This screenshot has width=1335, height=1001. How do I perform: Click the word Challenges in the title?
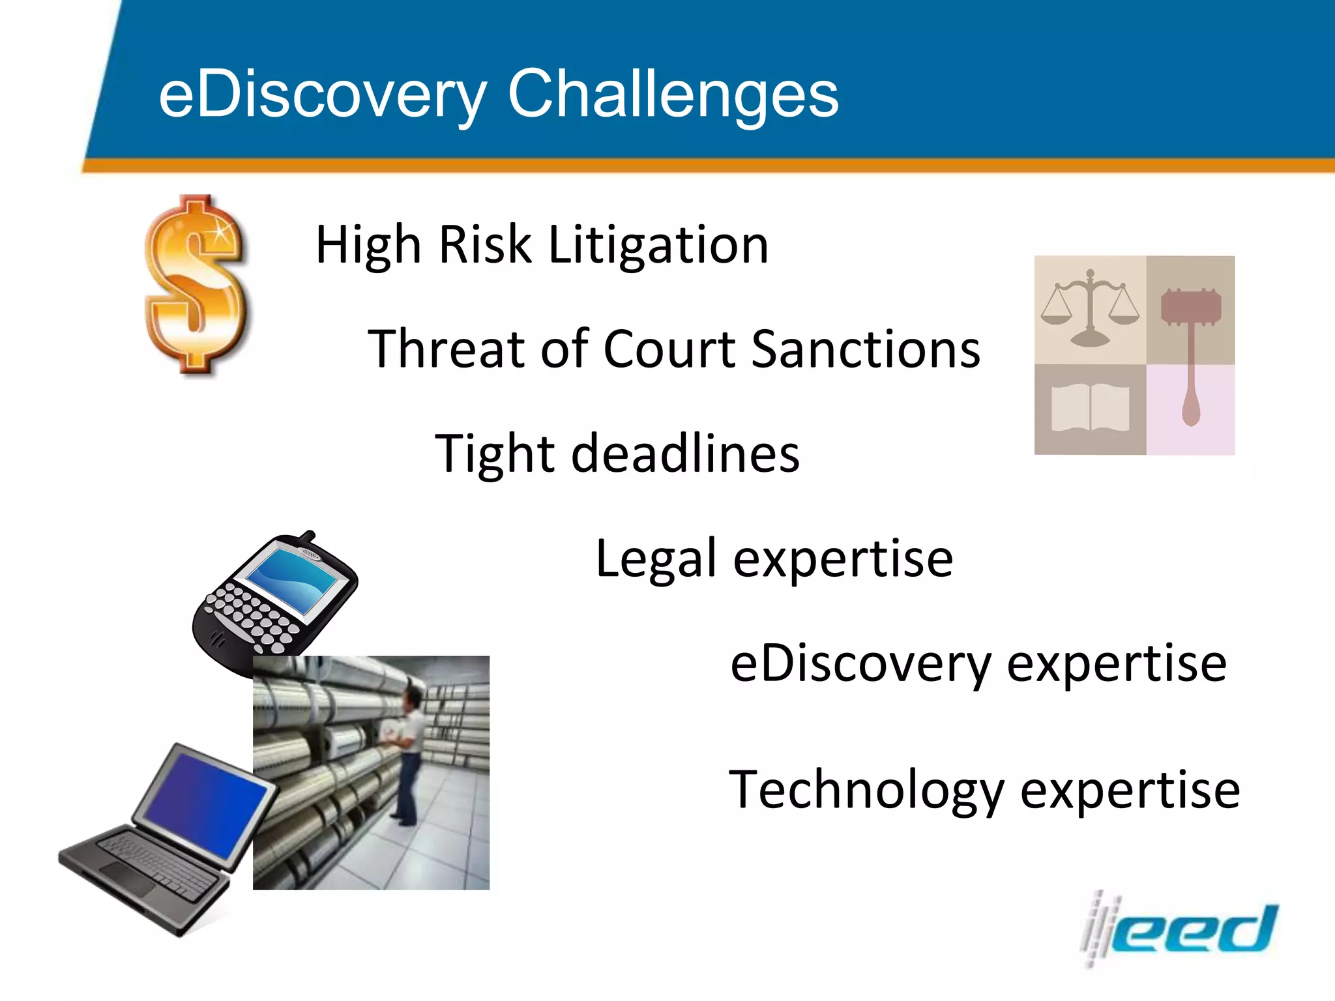673,95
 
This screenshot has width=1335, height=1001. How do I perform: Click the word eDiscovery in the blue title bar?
323,95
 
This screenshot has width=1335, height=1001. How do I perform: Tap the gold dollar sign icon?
196,285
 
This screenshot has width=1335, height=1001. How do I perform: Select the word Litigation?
658,245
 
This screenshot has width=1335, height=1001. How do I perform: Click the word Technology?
866,790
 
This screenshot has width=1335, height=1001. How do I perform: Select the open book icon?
1090,408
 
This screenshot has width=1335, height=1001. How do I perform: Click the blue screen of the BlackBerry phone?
291,577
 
